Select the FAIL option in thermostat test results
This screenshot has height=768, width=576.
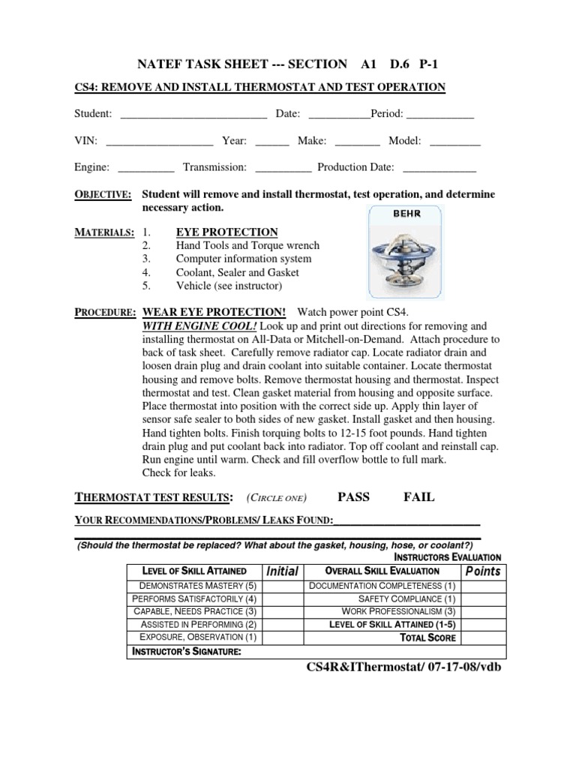tap(418, 497)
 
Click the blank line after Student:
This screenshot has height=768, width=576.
tap(193, 115)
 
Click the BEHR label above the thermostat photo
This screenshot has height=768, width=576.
tap(406, 213)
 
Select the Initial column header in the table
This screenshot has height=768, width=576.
tap(283, 571)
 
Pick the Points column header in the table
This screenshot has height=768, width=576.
tap(482, 571)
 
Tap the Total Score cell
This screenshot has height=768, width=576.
tap(428, 638)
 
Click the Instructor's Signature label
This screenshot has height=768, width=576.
tap(186, 652)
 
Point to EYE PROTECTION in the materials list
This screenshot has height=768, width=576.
tap(226, 232)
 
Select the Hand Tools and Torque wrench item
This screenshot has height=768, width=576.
tap(247, 245)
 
